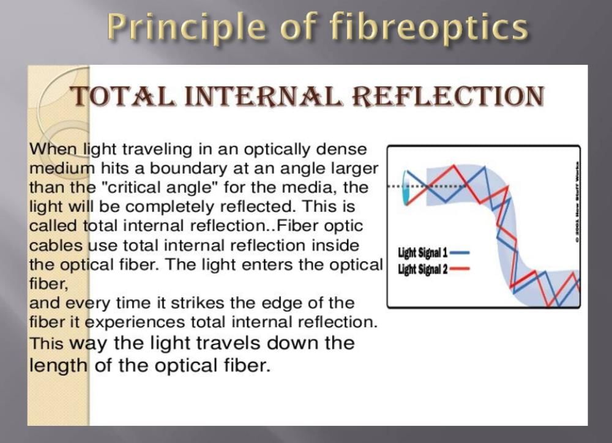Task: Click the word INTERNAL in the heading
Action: [263, 96]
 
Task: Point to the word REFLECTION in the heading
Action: [448, 96]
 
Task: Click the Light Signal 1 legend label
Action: [423, 253]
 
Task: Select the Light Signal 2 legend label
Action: [423, 269]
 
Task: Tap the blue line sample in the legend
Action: [460, 253]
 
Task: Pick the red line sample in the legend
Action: [460, 269]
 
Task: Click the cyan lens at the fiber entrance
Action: [406, 188]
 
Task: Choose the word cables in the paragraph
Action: [56, 245]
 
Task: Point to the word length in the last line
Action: [59, 366]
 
